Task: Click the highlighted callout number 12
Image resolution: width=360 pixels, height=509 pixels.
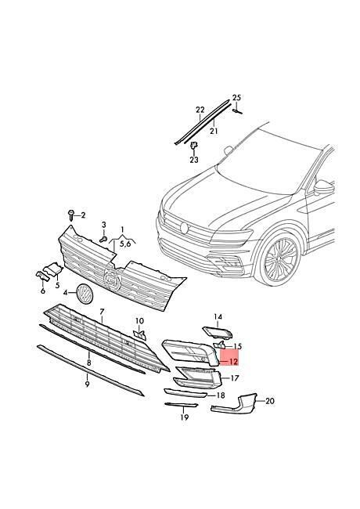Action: [x=233, y=361]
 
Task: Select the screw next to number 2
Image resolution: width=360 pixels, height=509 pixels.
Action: [x=71, y=215]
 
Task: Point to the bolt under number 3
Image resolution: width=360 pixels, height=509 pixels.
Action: [x=104, y=240]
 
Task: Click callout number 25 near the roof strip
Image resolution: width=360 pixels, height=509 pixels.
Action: [x=237, y=97]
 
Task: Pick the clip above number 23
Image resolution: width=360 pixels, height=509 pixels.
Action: [x=194, y=146]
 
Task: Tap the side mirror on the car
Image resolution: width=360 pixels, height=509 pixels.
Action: [x=324, y=188]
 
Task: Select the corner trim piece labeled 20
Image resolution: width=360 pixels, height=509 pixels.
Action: [x=234, y=405]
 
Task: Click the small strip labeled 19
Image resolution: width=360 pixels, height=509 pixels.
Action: [x=181, y=405]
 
